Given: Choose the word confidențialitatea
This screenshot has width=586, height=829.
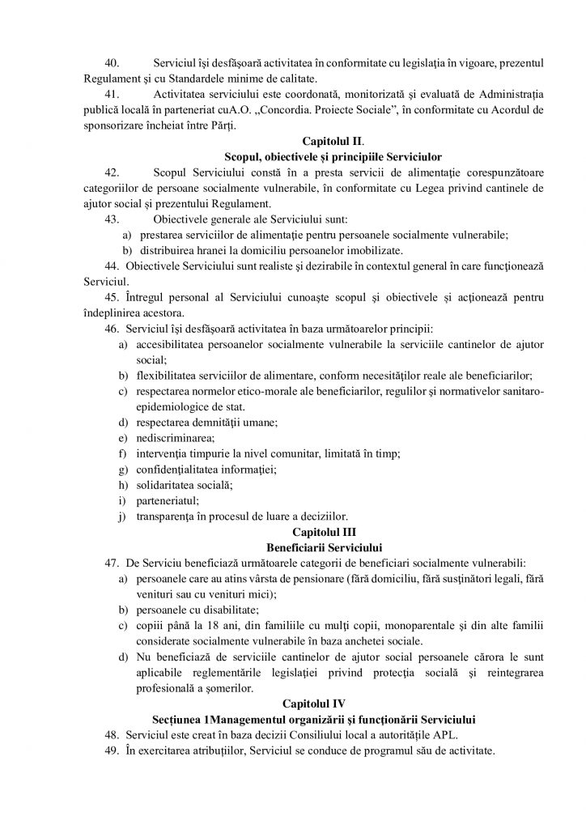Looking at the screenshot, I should tap(180, 470).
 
